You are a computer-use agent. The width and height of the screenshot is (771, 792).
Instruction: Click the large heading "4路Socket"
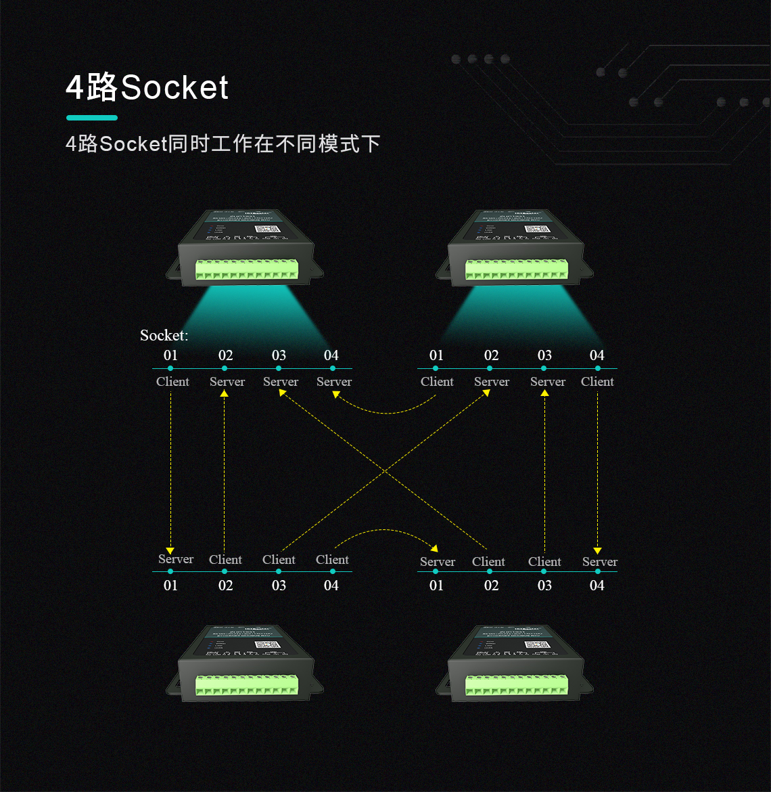(147, 88)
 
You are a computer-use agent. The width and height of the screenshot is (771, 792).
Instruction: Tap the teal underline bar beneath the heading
(92, 118)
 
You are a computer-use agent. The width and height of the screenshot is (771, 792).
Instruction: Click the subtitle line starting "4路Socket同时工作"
(223, 144)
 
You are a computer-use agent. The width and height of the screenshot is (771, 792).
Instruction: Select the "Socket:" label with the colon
(164, 335)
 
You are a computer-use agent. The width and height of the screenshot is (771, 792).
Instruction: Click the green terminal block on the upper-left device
(247, 270)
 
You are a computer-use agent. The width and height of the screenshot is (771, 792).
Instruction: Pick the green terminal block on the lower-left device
(247, 685)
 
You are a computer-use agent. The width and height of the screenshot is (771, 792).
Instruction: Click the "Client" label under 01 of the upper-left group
(172, 382)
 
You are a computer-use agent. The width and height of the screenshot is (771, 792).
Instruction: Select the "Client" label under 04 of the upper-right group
(597, 382)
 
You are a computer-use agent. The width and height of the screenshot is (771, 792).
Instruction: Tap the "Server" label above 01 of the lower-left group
(175, 559)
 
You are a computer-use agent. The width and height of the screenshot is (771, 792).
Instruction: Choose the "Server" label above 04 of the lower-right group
(599, 562)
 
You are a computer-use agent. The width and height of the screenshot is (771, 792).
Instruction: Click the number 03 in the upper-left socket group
(279, 355)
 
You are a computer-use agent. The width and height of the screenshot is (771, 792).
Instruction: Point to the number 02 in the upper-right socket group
(491, 355)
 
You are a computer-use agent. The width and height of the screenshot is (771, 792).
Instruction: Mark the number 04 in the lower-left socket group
(331, 586)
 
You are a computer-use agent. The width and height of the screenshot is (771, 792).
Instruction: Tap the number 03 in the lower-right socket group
(544, 586)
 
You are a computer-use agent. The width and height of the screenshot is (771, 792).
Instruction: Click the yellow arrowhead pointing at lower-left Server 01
(170, 550)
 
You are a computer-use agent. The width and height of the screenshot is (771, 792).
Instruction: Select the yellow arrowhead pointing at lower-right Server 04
(597, 551)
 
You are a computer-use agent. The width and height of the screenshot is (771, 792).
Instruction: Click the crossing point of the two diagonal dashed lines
(384, 470)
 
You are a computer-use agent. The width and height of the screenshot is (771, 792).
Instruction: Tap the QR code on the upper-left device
(264, 229)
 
